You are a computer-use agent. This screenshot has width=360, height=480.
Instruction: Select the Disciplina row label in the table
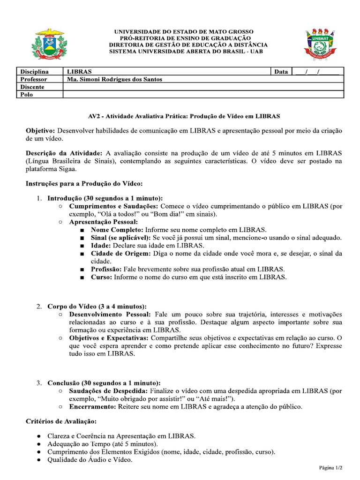pyautogui.click(x=34, y=72)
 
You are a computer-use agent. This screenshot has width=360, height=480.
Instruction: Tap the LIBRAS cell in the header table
pyautogui.click(x=80, y=72)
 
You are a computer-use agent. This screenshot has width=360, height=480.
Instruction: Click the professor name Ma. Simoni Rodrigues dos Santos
pyautogui.click(x=115, y=79)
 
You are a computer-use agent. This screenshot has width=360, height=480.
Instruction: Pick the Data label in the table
pyautogui.click(x=281, y=72)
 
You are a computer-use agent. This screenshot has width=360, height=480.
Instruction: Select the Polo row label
pyautogui.click(x=27, y=95)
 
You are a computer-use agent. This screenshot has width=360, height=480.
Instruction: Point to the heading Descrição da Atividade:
pyautogui.click(x=64, y=153)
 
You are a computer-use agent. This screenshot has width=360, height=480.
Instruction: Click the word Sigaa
pyautogui.click(x=67, y=169)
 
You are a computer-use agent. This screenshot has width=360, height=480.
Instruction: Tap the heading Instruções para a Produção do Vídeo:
pyautogui.click(x=84, y=183)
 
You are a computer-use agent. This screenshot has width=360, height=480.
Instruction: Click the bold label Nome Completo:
pyautogui.click(x=117, y=230)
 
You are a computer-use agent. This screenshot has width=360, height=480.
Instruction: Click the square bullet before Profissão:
pyautogui.click(x=82, y=270)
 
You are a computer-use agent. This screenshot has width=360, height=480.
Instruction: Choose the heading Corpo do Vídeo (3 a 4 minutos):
pyautogui.click(x=97, y=306)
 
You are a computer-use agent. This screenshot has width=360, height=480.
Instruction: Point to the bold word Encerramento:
pyautogui.click(x=93, y=406)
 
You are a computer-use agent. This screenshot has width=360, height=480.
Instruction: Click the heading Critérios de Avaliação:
pyautogui.click(x=61, y=421)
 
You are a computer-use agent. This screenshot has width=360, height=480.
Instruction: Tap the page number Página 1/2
pyautogui.click(x=330, y=467)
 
